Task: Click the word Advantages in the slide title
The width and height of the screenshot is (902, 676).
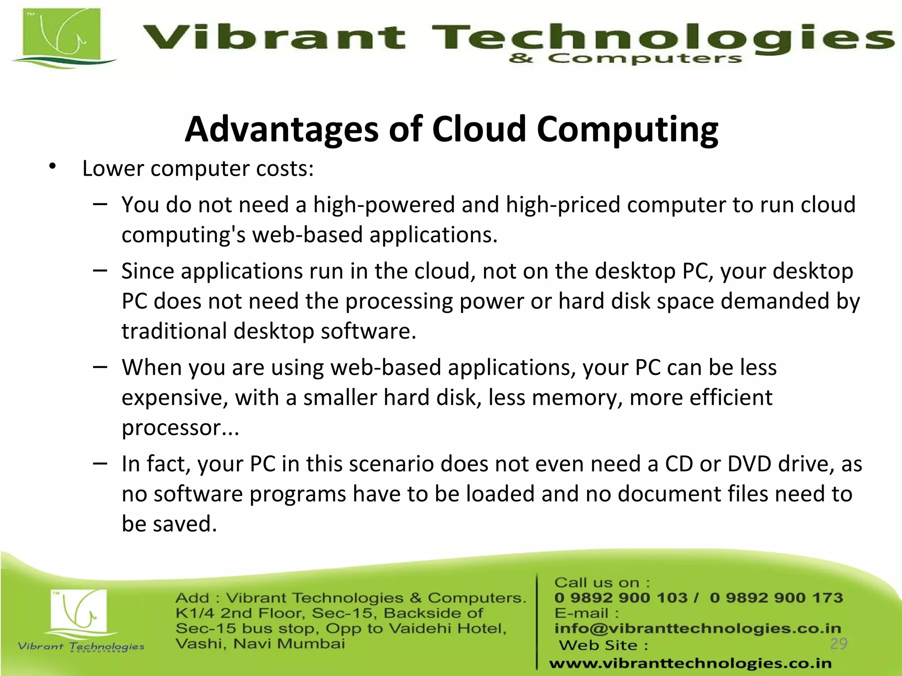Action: click(x=281, y=129)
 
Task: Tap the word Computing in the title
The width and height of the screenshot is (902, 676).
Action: click(x=627, y=129)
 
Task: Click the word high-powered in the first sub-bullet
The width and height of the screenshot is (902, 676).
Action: click(x=384, y=205)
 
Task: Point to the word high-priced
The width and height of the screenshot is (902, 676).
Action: click(x=563, y=205)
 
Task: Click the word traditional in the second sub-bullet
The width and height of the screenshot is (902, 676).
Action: click(x=174, y=331)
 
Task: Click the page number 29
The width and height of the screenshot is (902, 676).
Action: click(x=838, y=643)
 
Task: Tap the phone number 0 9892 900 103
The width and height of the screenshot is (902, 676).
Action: click(x=621, y=598)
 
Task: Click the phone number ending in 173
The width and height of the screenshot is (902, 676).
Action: click(x=776, y=598)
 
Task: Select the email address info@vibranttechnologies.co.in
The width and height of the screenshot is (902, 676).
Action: click(x=697, y=628)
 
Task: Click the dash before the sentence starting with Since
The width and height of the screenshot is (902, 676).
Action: click(x=100, y=270)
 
